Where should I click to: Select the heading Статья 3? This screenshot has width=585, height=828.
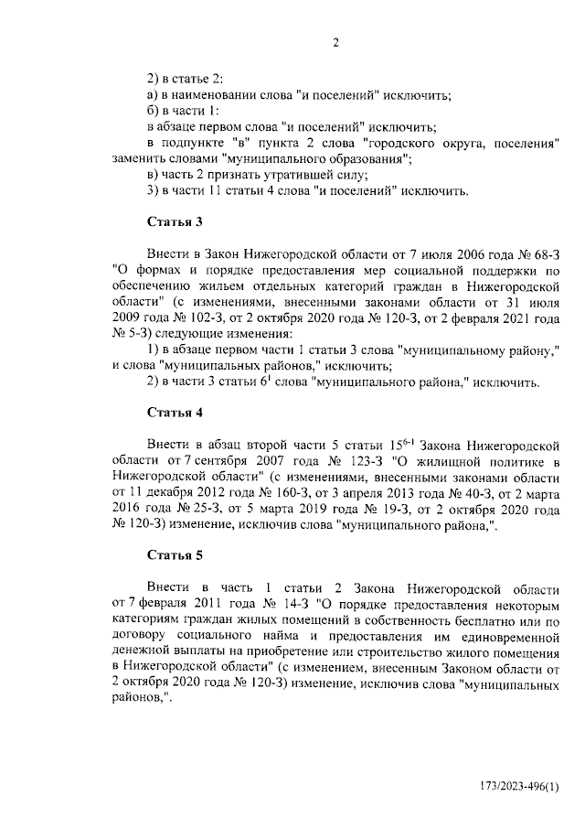coord(174,221)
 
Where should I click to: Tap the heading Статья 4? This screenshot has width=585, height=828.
coord(174,411)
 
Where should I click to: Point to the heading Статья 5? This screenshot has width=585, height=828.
coord(174,554)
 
